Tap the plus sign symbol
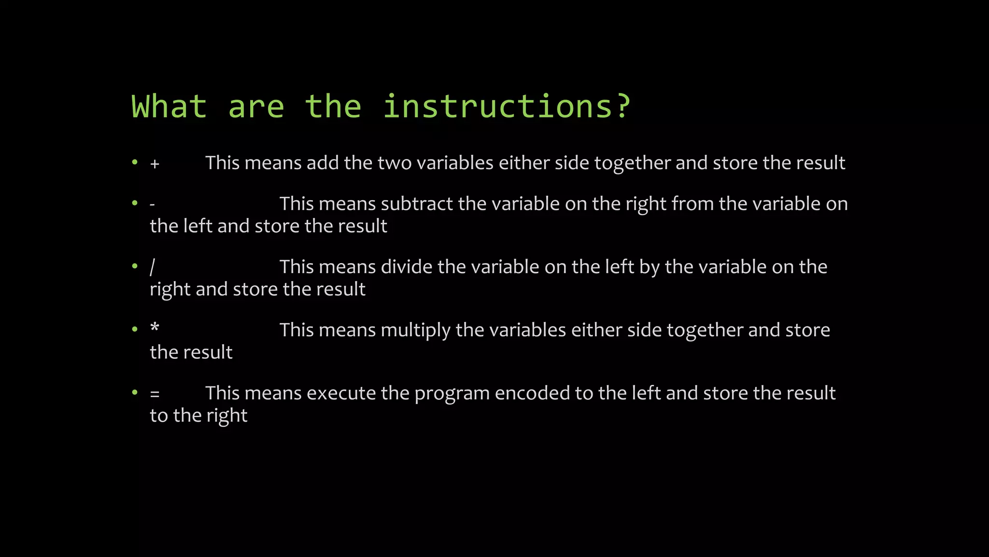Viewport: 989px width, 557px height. pyautogui.click(x=155, y=164)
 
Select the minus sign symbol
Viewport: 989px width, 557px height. pyautogui.click(x=152, y=205)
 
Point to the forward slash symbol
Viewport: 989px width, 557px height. pyautogui.click(x=153, y=267)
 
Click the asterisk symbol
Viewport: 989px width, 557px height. pyautogui.click(x=155, y=328)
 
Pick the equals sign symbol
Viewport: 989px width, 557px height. pyautogui.click(x=155, y=394)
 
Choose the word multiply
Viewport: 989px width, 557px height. pyautogui.click(x=415, y=331)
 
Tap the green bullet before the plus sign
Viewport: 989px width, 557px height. pyautogui.click(x=135, y=162)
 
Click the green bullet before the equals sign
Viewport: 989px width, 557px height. pyautogui.click(x=135, y=393)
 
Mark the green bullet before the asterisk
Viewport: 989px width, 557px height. pyautogui.click(x=135, y=330)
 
